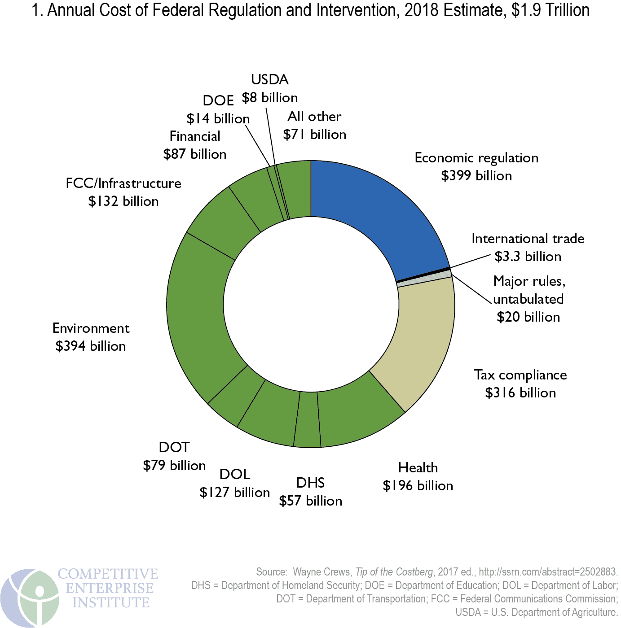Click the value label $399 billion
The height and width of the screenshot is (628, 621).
click(x=476, y=176)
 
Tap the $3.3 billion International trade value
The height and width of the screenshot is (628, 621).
click(x=528, y=257)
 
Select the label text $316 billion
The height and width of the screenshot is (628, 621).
click(x=520, y=393)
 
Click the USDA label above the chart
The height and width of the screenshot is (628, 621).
click(x=269, y=80)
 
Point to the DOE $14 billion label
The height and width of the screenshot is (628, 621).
click(x=218, y=110)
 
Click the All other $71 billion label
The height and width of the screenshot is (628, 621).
click(x=314, y=126)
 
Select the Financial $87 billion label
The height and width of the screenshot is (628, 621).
click(x=195, y=145)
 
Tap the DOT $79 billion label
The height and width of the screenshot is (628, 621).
click(x=174, y=456)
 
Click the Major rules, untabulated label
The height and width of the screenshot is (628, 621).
click(x=529, y=290)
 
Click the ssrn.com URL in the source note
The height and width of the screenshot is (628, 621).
click(x=548, y=572)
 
